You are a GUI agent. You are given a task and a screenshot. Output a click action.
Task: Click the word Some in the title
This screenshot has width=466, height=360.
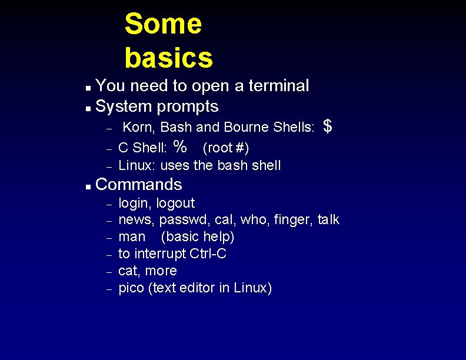click(163, 25)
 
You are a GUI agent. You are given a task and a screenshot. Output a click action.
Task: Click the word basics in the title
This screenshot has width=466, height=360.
click(168, 58)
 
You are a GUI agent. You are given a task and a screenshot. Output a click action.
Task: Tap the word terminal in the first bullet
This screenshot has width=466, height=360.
click(278, 86)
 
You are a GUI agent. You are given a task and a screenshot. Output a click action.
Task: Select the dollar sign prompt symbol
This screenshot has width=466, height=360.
click(328, 126)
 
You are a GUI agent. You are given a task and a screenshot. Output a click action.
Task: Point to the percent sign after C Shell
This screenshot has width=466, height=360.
click(181, 145)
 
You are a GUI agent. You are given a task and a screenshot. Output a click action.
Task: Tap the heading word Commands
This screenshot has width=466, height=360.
click(138, 185)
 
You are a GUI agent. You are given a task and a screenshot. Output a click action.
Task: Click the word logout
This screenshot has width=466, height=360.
click(175, 204)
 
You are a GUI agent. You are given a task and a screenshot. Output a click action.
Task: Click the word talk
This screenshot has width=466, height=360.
click(328, 220)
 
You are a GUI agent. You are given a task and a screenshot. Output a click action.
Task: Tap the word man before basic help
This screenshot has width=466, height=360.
click(132, 237)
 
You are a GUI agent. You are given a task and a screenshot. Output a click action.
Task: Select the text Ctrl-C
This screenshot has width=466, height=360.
click(208, 254)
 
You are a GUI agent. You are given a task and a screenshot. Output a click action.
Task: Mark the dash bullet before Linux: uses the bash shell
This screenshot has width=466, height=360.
click(109, 166)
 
